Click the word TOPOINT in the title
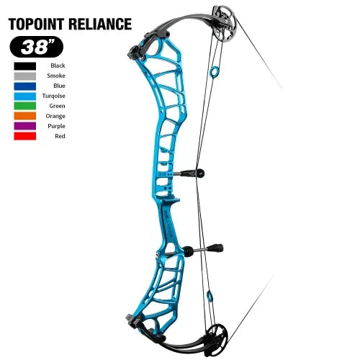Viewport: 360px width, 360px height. tap(36, 24)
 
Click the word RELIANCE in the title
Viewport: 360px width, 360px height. tap(100, 24)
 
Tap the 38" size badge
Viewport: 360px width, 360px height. tap(36, 47)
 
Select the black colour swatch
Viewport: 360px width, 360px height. tap(25, 66)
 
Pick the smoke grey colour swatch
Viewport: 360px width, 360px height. tap(25, 76)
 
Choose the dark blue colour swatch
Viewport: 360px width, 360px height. tap(25, 86)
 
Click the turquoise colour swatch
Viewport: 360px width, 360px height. tap(25, 96)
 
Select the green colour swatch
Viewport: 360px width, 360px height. tap(25, 106)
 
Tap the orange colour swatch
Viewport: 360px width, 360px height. tap(25, 116)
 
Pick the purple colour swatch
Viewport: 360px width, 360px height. tap(25, 126)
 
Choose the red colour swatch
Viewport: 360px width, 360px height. tap(25, 136)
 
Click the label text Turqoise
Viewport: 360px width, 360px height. tap(54, 96)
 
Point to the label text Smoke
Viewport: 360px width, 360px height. tap(56, 76)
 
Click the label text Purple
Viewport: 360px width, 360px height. tap(56, 126)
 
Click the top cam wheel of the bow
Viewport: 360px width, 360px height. tap(225, 24)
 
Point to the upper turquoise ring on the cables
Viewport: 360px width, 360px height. tap(214, 72)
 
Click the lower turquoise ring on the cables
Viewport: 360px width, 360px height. tap(210, 295)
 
